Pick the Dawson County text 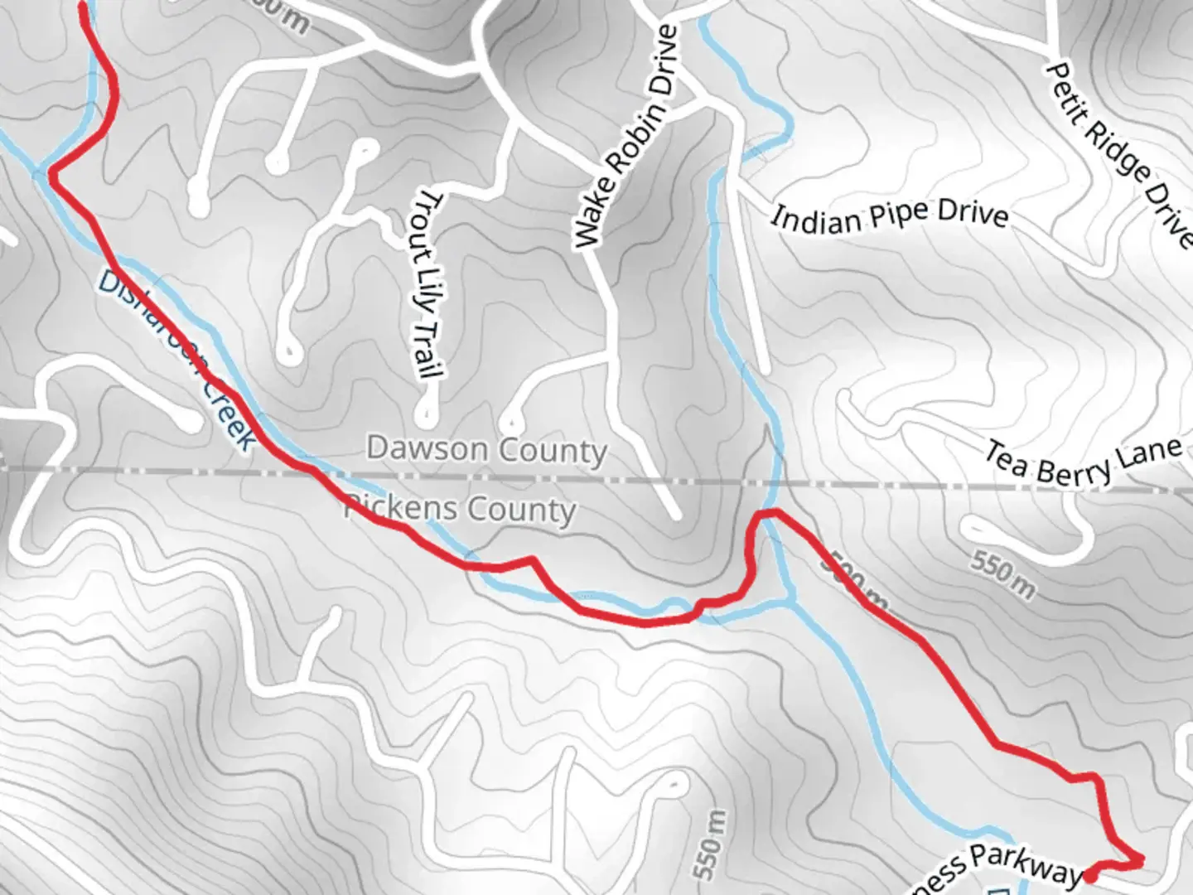pos(486,450)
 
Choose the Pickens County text pos(461,508)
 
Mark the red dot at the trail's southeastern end pos(1092,873)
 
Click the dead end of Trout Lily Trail pos(427,410)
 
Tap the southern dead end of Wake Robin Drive pos(674,514)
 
